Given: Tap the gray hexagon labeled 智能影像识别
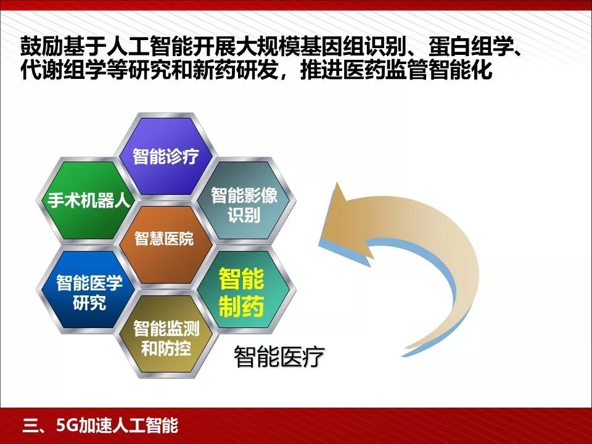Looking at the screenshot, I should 244,205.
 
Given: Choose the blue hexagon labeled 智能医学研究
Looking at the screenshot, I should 89,292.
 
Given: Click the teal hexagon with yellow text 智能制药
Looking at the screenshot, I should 241,294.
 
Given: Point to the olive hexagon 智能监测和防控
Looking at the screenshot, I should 166,337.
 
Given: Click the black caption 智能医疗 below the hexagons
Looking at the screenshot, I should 279,357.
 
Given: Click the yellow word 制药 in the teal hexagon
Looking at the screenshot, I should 241,307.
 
